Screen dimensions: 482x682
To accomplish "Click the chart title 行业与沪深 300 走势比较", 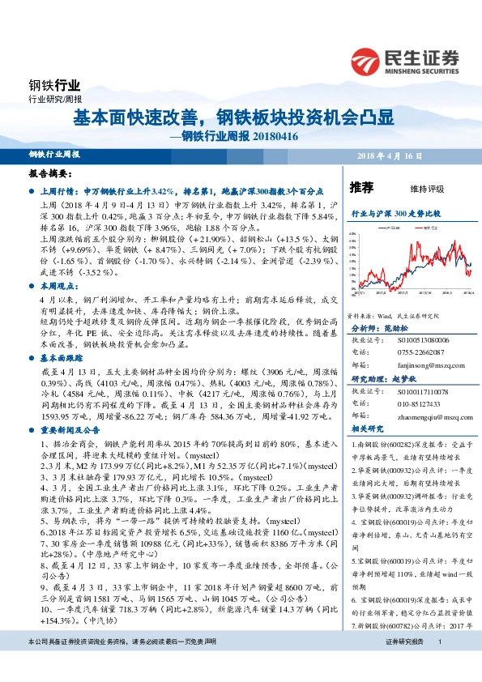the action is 395,212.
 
